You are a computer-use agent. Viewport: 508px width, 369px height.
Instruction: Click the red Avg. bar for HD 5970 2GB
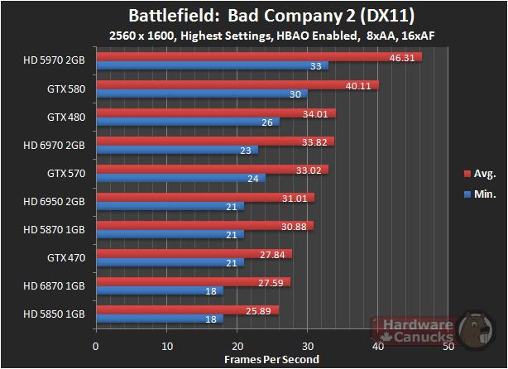259,57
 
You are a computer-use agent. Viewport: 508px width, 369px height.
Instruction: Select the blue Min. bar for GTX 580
202,93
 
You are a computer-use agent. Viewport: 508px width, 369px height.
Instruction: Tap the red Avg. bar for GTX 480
215,113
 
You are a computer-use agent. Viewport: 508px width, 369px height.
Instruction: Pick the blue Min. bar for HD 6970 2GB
177,150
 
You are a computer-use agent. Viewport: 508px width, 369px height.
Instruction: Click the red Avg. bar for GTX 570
213,170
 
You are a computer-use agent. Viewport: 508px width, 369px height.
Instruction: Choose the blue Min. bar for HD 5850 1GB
160,319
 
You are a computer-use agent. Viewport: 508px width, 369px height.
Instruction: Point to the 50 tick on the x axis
448,346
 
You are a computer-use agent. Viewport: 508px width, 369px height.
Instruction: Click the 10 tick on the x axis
167,346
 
